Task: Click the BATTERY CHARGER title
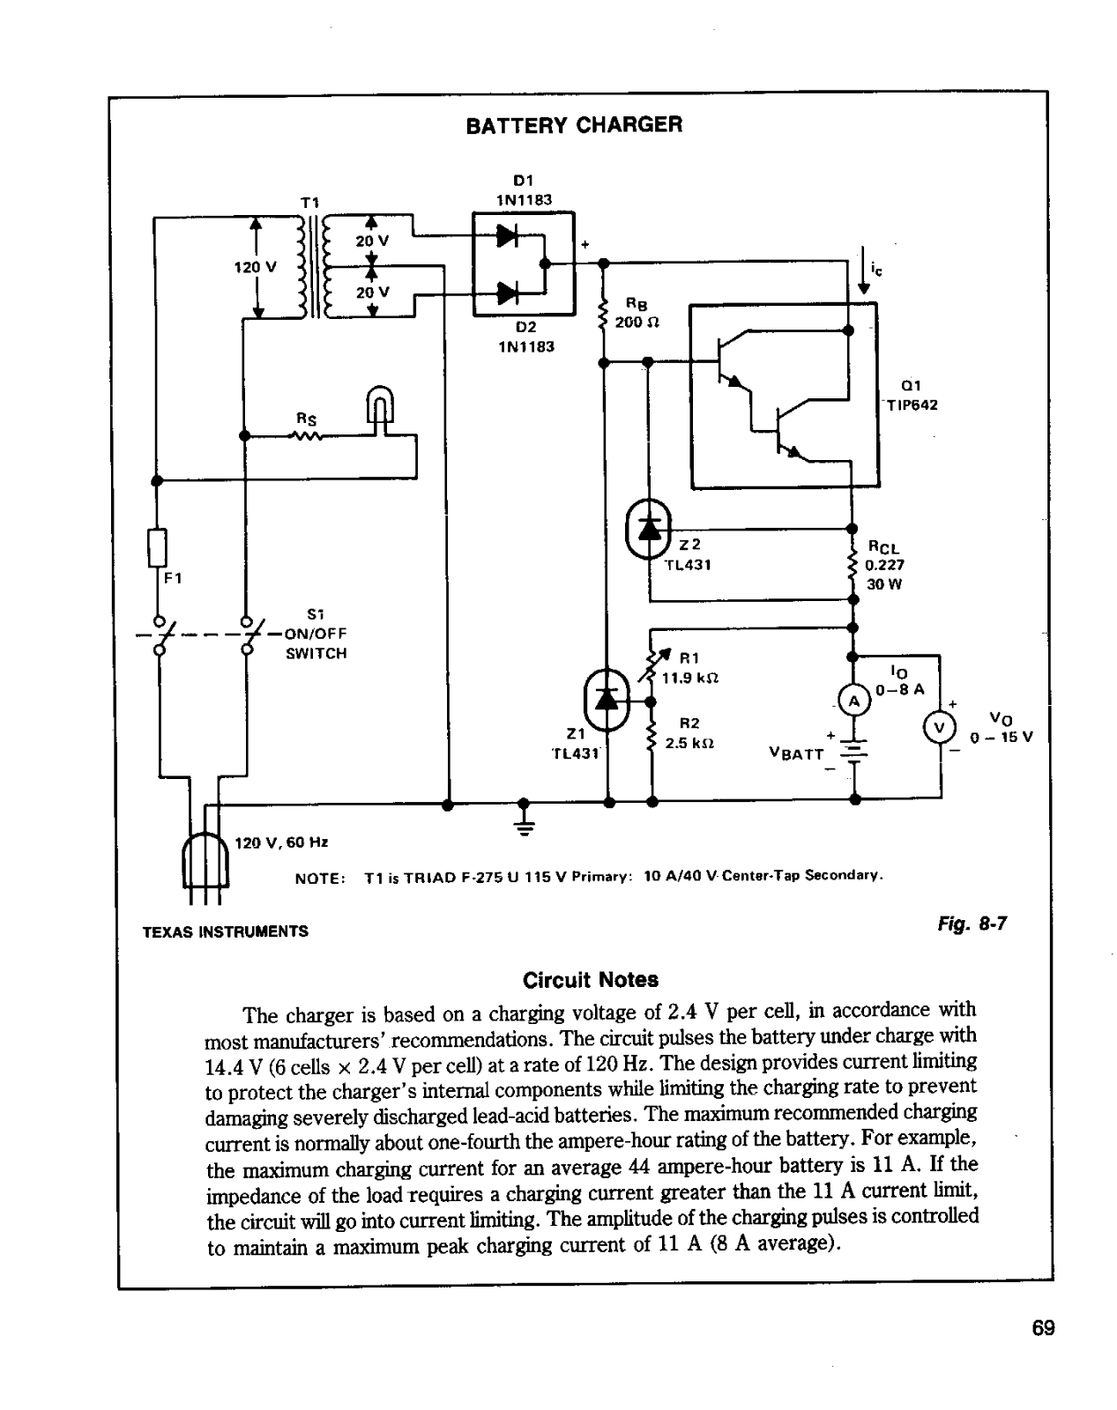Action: [x=574, y=125]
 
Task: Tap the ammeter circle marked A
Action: [x=853, y=701]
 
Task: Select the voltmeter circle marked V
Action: [x=939, y=728]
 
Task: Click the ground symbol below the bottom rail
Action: [x=524, y=820]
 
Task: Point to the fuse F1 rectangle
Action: [x=157, y=548]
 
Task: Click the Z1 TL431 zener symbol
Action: [x=607, y=701]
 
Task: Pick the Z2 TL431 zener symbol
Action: [x=648, y=528]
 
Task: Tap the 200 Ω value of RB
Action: [x=637, y=323]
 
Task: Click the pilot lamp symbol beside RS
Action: [x=380, y=410]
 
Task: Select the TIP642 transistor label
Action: [x=912, y=404]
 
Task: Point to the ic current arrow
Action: [x=863, y=271]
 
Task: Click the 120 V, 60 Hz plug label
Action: [x=281, y=842]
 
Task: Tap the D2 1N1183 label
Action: [x=526, y=337]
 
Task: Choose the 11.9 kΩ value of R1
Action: [x=689, y=679]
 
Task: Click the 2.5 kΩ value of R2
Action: [x=689, y=744]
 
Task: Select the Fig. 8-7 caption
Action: [x=972, y=924]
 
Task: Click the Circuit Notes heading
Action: [x=590, y=980]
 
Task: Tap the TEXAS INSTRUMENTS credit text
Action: [x=226, y=931]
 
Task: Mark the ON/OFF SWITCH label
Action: [x=316, y=643]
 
